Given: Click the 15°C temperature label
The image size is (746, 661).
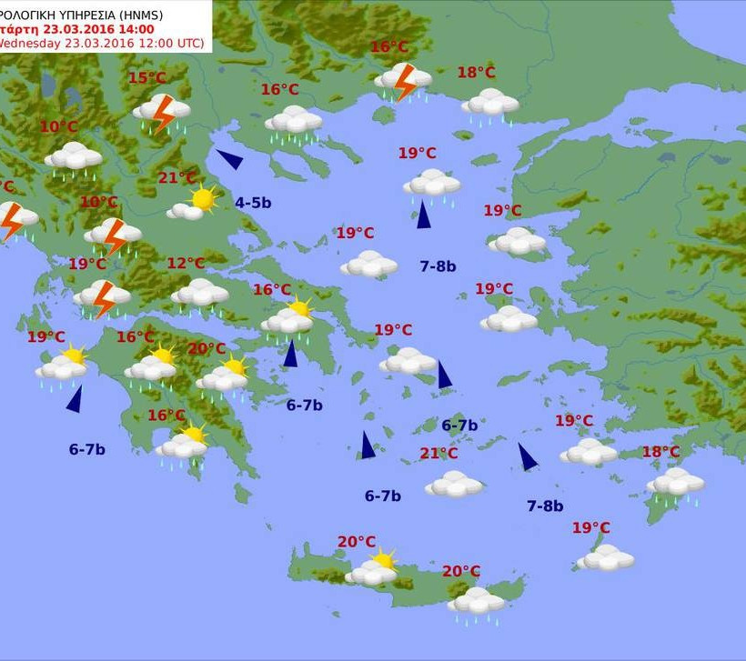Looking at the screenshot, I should coord(146,78).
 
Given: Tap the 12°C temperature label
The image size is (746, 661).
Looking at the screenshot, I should coord(186,264).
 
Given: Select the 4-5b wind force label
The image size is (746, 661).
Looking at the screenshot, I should coord(253,203).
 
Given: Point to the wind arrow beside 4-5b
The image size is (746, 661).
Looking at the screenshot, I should coord(229,160).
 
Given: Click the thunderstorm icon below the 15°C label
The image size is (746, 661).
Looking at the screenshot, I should coord(163,112).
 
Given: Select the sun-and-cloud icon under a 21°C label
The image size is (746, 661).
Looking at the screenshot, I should coord(194,203).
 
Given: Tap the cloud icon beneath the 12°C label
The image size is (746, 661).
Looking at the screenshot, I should coord(200,294).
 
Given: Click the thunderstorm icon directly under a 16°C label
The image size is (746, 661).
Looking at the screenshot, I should coord(403,80).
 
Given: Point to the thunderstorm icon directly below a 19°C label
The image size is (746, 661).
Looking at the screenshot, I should coord(103,296).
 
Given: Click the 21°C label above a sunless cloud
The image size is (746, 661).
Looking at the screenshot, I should coord(439,454).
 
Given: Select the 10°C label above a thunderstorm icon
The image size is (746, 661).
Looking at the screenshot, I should coord(99,202).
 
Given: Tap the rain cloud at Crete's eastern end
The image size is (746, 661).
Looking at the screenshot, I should coord(476,602).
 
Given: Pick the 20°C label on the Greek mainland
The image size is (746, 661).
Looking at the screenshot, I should coord(207,349).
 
